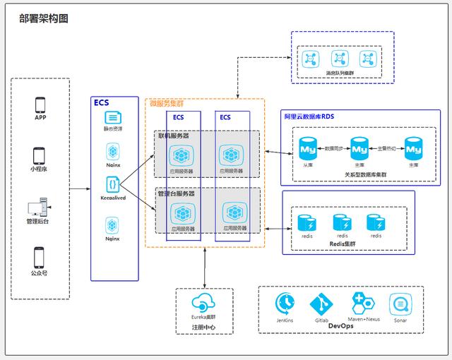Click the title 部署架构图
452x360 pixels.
tap(44, 19)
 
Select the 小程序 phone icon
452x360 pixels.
tap(40, 155)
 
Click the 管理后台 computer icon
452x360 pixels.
tap(37, 208)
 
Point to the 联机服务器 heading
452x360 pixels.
tap(173, 135)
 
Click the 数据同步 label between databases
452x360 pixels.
tap(333, 148)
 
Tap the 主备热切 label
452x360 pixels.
tap(386, 148)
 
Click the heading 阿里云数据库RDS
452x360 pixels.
tap(311, 115)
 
